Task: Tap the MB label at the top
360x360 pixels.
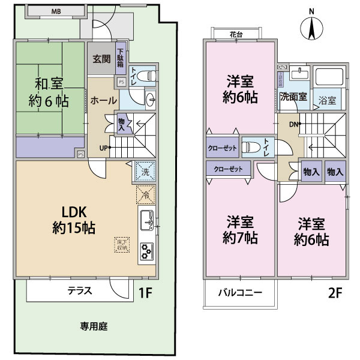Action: coord(56,11)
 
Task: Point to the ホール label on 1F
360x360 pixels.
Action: coord(103,101)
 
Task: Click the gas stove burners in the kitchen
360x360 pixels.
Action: coord(146,252)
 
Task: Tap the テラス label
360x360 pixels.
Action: coord(79,291)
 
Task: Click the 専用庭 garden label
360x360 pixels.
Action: coord(94,327)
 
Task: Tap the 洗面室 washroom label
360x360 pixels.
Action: coord(293,96)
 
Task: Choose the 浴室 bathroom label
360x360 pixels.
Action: coord(327,100)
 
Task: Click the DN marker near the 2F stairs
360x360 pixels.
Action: coord(295,125)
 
